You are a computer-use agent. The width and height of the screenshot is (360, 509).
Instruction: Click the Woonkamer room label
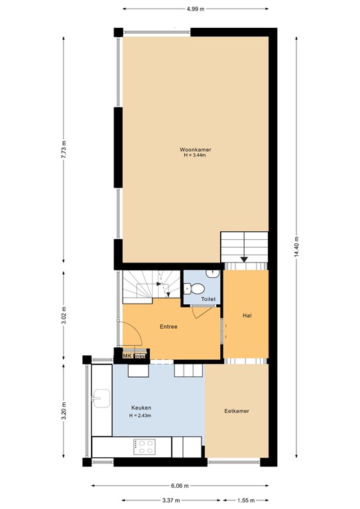tap(196, 150)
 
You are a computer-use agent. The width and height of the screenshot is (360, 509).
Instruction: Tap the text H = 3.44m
tap(196, 156)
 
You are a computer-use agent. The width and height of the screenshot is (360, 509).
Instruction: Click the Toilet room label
tap(209, 300)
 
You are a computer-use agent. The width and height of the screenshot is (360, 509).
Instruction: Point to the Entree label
tap(169, 327)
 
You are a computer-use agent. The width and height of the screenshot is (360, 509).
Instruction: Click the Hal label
tap(247, 315)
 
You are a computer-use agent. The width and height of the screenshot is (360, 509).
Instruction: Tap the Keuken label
tap(141, 408)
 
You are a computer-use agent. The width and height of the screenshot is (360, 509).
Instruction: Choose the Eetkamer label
tap(237, 411)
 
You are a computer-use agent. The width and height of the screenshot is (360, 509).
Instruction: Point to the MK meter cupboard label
tap(127, 357)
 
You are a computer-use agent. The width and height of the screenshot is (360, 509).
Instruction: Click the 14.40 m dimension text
tap(297, 248)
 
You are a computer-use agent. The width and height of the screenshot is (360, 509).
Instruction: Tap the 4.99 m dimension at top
tap(195, 9)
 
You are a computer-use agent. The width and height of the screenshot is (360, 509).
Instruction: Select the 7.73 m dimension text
tap(64, 149)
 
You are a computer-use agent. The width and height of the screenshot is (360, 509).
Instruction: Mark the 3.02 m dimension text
tap(64, 312)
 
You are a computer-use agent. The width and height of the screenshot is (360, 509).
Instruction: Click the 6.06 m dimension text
tap(180, 486)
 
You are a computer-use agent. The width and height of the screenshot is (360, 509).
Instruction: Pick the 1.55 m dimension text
tap(247, 500)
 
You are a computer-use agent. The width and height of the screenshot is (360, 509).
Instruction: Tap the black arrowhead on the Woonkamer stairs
tap(245, 259)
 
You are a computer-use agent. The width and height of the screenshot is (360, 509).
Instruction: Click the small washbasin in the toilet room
tap(213, 272)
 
